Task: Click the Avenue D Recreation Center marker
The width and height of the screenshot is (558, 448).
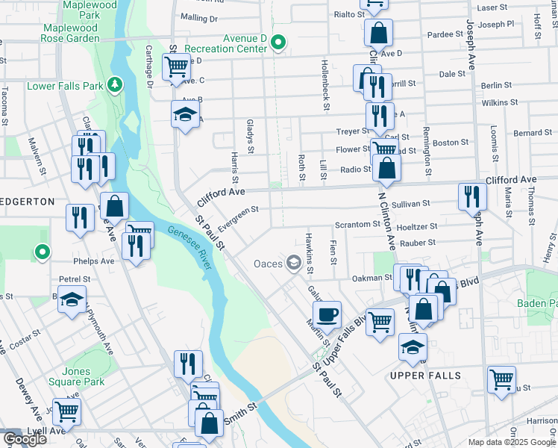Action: [279, 42]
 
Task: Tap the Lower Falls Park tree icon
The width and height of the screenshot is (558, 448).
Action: [115, 85]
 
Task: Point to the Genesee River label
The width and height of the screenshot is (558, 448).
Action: [192, 246]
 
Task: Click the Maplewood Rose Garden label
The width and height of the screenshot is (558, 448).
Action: [71, 33]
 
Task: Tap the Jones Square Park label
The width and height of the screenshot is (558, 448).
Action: [77, 376]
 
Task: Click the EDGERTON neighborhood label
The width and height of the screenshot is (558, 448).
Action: [27, 202]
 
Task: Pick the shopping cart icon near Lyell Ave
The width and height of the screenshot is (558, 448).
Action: [66, 410]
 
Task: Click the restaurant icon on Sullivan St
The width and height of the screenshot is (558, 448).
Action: [472, 196]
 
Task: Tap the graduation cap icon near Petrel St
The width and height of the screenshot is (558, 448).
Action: [72, 301]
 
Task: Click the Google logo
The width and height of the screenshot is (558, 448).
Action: [24, 438]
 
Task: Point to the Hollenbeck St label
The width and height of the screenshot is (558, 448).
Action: [325, 84]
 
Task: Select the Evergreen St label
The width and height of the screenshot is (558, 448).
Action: [238, 219]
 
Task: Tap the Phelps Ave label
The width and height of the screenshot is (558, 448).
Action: [93, 262]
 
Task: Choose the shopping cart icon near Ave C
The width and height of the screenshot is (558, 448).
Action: [176, 67]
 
